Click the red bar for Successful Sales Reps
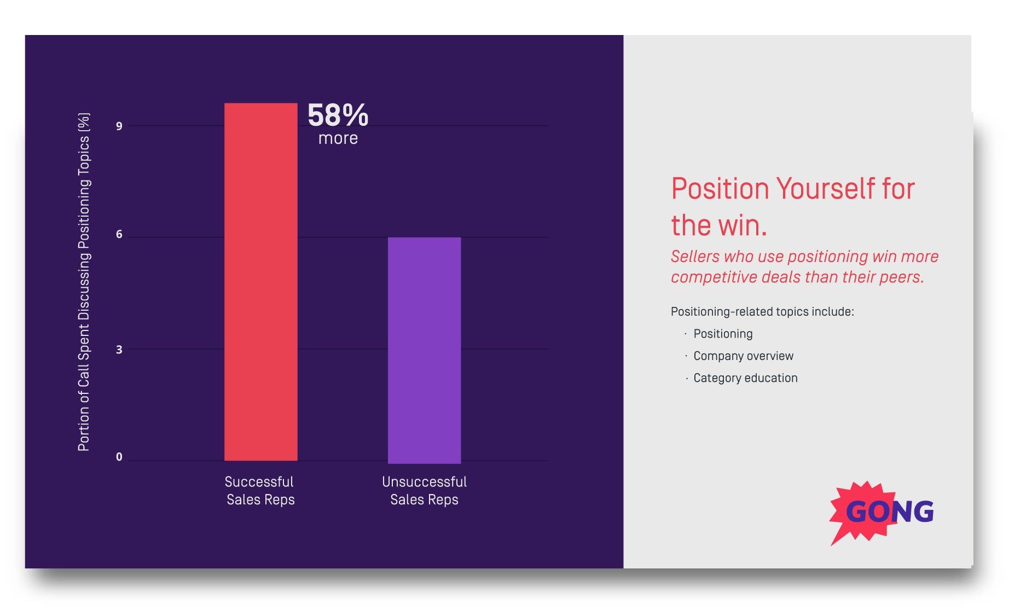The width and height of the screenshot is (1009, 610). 261,282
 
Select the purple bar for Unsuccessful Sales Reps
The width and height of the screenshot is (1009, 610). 424,350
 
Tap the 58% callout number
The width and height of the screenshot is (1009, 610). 338,115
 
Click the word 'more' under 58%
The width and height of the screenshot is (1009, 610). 338,138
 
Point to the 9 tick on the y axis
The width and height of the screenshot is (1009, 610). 119,126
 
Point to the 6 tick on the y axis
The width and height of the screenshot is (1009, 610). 119,235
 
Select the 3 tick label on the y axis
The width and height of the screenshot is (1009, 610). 119,350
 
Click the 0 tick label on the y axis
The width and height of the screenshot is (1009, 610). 119,457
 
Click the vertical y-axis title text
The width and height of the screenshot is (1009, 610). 84,282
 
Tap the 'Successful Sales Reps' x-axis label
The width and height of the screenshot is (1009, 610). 260,490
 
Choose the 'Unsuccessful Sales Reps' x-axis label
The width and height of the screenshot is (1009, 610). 424,490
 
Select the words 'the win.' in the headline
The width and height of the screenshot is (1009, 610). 719,225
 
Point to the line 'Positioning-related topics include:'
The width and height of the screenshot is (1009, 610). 762,312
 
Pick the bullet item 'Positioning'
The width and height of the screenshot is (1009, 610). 722,334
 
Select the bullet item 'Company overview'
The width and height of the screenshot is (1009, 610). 743,356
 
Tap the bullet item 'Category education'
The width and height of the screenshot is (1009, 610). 745,378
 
